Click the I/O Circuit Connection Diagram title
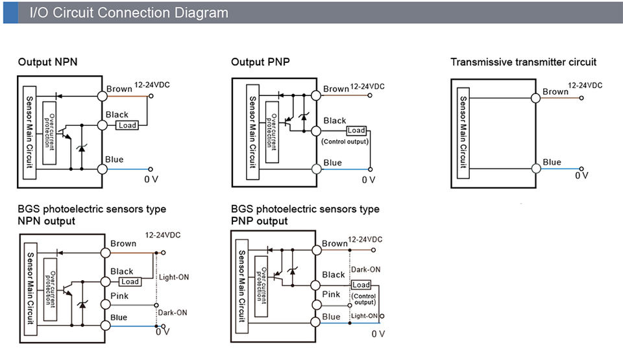(x=128, y=13)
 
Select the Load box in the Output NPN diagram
(x=127, y=125)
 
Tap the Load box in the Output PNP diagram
(x=356, y=130)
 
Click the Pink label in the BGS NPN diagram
(x=119, y=296)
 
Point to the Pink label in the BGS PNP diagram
(x=331, y=294)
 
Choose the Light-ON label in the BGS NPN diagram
(x=174, y=278)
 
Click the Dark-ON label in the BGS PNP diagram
(x=365, y=269)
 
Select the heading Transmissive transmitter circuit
(x=523, y=62)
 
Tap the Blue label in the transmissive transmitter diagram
(x=552, y=162)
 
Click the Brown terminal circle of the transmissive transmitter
(x=535, y=98)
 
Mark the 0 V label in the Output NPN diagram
(x=151, y=179)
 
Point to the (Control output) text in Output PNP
(x=345, y=141)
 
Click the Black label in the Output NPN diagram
(x=117, y=114)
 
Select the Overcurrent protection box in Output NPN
(x=49, y=133)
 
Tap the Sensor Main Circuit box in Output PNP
(x=252, y=132)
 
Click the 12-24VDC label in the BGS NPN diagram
(x=162, y=235)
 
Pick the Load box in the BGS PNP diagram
(x=361, y=285)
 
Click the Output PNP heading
(x=260, y=62)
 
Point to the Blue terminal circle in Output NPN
(x=102, y=169)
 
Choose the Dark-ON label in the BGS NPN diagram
(x=173, y=313)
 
